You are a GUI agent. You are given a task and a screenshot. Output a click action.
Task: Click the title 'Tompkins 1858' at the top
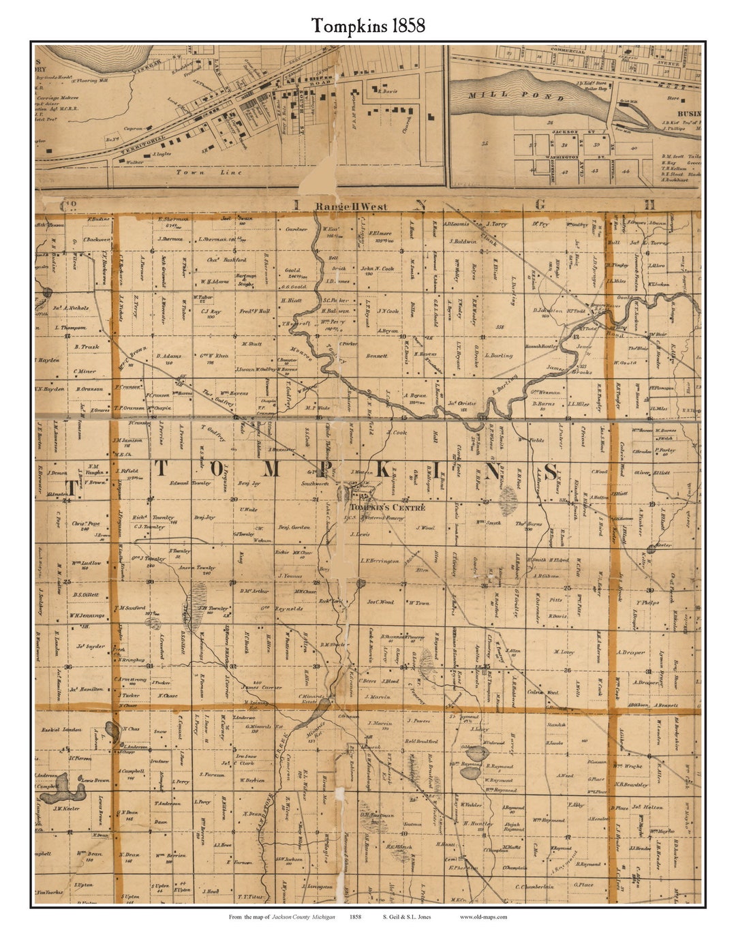(x=368, y=26)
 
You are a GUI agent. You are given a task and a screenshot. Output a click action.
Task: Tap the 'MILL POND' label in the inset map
(x=517, y=96)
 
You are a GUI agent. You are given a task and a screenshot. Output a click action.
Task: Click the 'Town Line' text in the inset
(x=199, y=172)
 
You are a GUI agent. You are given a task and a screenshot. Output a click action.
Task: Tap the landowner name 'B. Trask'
(x=87, y=347)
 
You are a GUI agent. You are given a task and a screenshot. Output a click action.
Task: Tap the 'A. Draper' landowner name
(x=630, y=652)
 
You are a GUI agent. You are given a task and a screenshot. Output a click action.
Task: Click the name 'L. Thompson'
(x=70, y=328)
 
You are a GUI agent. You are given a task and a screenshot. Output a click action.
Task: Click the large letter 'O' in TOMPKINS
(x=215, y=470)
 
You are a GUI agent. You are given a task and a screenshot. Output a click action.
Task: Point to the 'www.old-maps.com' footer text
(x=483, y=917)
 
